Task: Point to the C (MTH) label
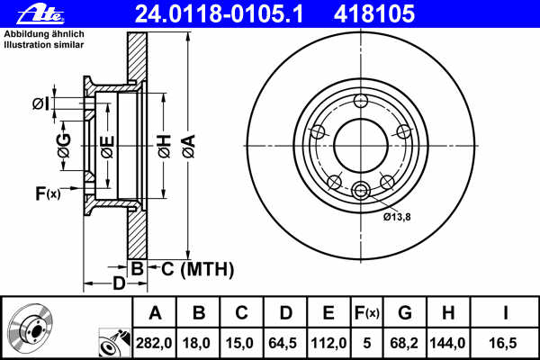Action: (192, 268)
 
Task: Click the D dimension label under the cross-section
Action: (119, 285)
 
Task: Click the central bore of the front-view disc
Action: (361, 144)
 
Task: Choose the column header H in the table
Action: (447, 312)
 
